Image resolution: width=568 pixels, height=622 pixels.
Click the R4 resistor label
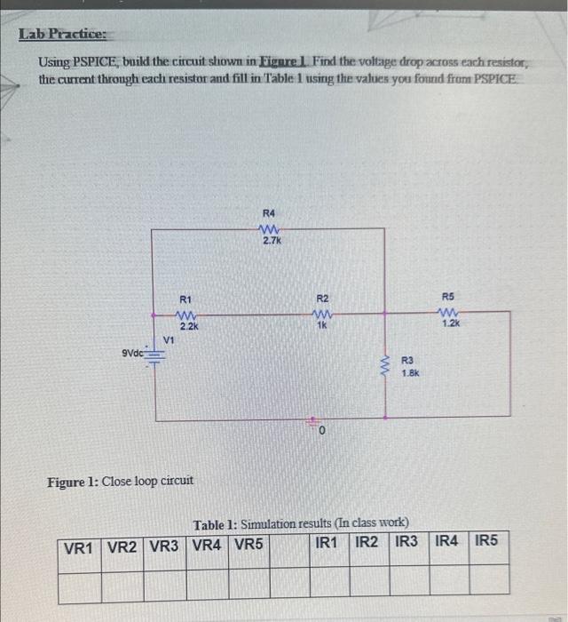(270, 213)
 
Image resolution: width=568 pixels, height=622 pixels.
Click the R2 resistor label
(323, 299)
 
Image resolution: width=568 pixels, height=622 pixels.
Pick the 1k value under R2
(322, 326)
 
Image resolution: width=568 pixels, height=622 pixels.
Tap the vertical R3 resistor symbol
(384, 364)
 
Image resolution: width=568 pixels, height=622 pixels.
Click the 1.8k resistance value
(411, 373)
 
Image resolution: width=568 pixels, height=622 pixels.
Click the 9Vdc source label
(134, 354)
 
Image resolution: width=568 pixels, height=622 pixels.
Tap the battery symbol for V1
(157, 357)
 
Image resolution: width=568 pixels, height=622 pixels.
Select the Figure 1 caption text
(120, 481)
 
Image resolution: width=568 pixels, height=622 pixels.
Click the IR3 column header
(407, 540)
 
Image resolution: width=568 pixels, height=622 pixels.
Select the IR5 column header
(486, 540)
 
